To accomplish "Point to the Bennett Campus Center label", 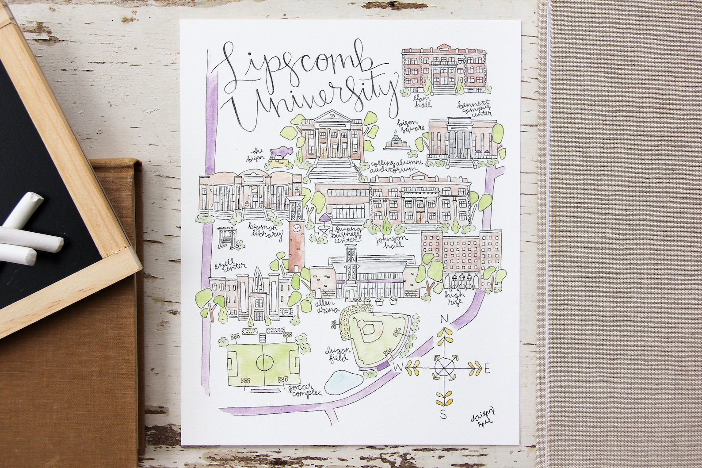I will pos(474,108).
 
